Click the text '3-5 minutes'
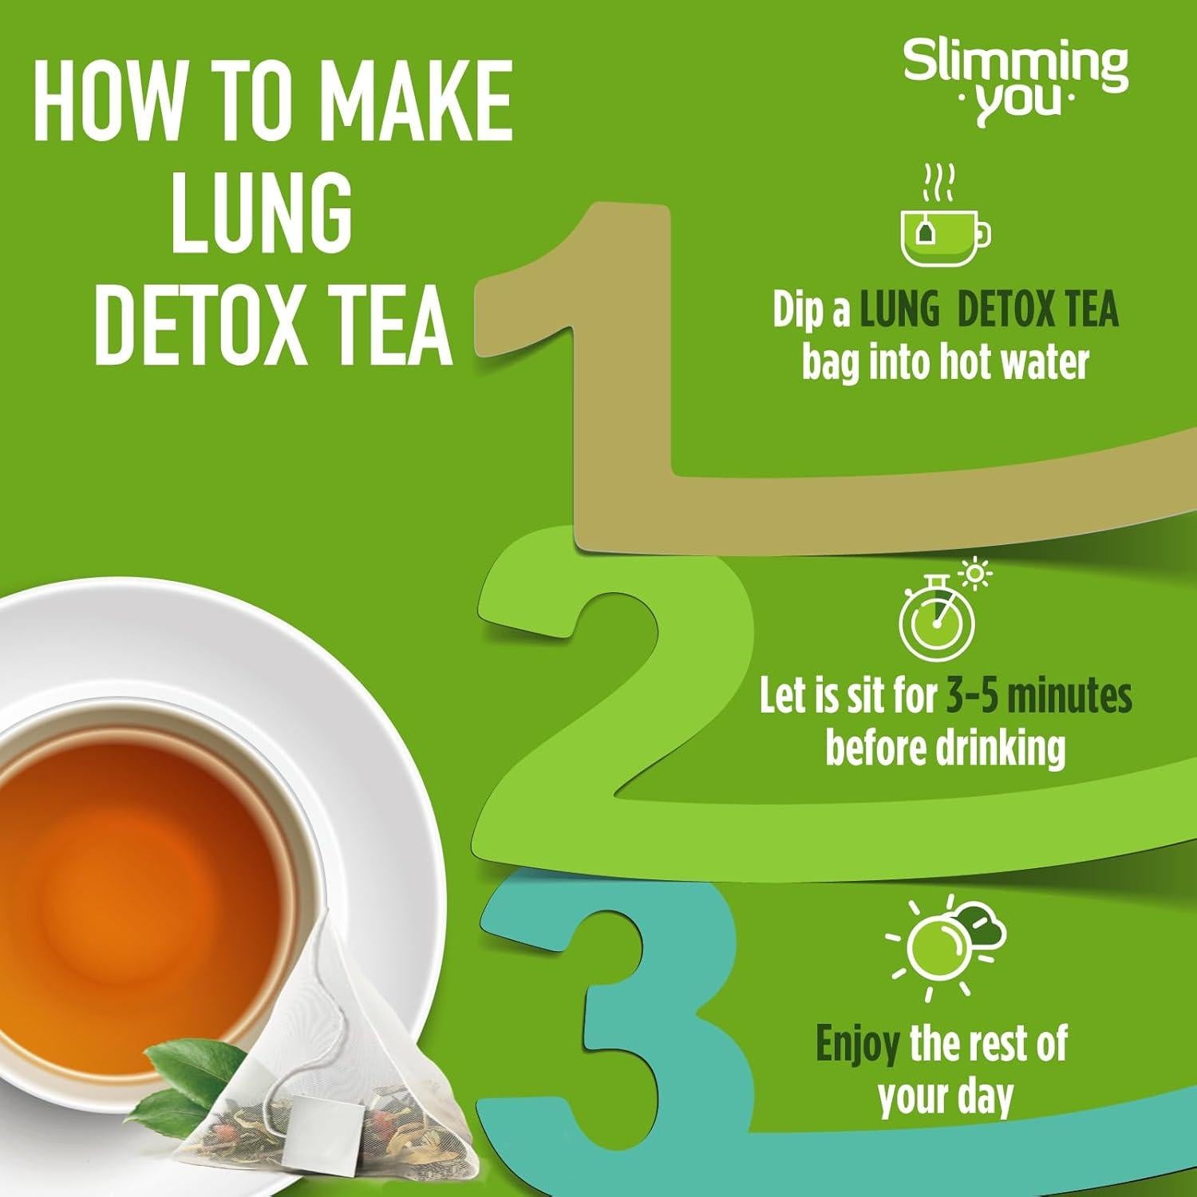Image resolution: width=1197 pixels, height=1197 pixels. point(1039,697)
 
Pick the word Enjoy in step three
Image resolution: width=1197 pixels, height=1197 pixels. point(857,1045)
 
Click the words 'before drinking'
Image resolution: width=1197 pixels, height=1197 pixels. point(945,749)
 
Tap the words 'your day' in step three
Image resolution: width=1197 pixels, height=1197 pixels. point(945,1097)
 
